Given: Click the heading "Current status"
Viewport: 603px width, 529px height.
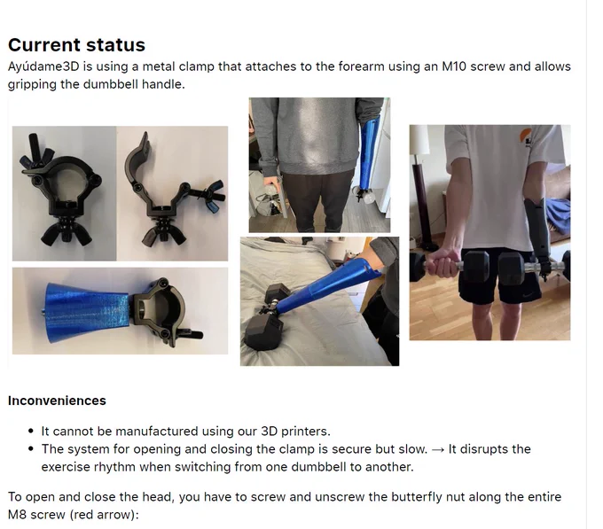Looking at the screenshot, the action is [x=76, y=44].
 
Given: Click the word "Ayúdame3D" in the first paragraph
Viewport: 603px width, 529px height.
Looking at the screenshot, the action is [x=43, y=66].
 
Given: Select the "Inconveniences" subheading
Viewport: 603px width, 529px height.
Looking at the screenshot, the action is [x=57, y=401].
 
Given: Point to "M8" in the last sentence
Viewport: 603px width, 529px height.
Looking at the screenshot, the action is [x=17, y=515].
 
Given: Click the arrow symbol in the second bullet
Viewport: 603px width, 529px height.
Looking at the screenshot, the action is [x=438, y=449].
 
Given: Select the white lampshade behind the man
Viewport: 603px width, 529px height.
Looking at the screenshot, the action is [x=419, y=140].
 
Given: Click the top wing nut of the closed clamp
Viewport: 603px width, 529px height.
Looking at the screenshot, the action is [x=37, y=153].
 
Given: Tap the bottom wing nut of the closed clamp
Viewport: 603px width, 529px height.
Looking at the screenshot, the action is [x=67, y=235].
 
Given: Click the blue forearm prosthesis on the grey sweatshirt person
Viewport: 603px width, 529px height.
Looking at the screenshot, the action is [x=368, y=153].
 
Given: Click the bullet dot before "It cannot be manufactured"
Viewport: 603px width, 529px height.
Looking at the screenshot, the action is [x=32, y=431].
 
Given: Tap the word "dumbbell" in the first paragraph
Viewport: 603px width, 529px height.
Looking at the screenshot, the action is [x=111, y=84].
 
